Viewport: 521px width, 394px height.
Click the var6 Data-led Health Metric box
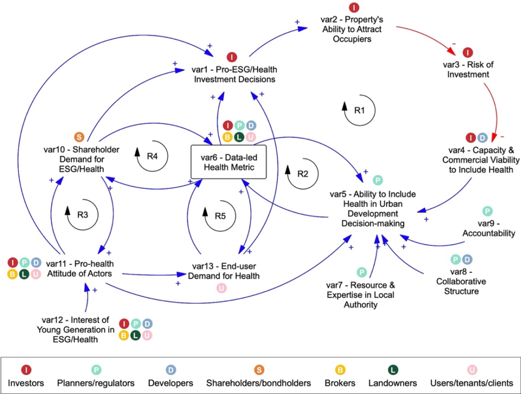(x=228, y=162)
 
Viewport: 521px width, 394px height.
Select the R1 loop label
(x=360, y=110)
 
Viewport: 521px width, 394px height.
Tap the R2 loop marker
(x=302, y=174)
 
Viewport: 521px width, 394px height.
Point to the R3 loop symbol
(x=82, y=214)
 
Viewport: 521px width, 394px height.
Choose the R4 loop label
(x=152, y=156)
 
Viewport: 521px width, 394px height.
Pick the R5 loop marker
(x=220, y=216)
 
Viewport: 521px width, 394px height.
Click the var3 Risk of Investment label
(x=468, y=69)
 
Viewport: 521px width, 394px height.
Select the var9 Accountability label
(x=489, y=228)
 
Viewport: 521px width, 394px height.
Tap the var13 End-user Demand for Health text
(x=224, y=271)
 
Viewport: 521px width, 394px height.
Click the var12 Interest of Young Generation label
(x=75, y=329)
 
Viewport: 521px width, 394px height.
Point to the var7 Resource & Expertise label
(x=361, y=295)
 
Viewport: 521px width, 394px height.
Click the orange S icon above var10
(x=79, y=136)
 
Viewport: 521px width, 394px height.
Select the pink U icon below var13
(x=222, y=288)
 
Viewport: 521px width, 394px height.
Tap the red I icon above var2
(x=354, y=7)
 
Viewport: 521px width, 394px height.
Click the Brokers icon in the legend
(x=340, y=370)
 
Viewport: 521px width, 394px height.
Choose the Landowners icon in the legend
(x=393, y=370)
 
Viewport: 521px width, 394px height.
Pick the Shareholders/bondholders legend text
(x=258, y=383)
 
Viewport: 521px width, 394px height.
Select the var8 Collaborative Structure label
(x=461, y=282)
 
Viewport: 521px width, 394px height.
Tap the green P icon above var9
(x=487, y=211)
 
